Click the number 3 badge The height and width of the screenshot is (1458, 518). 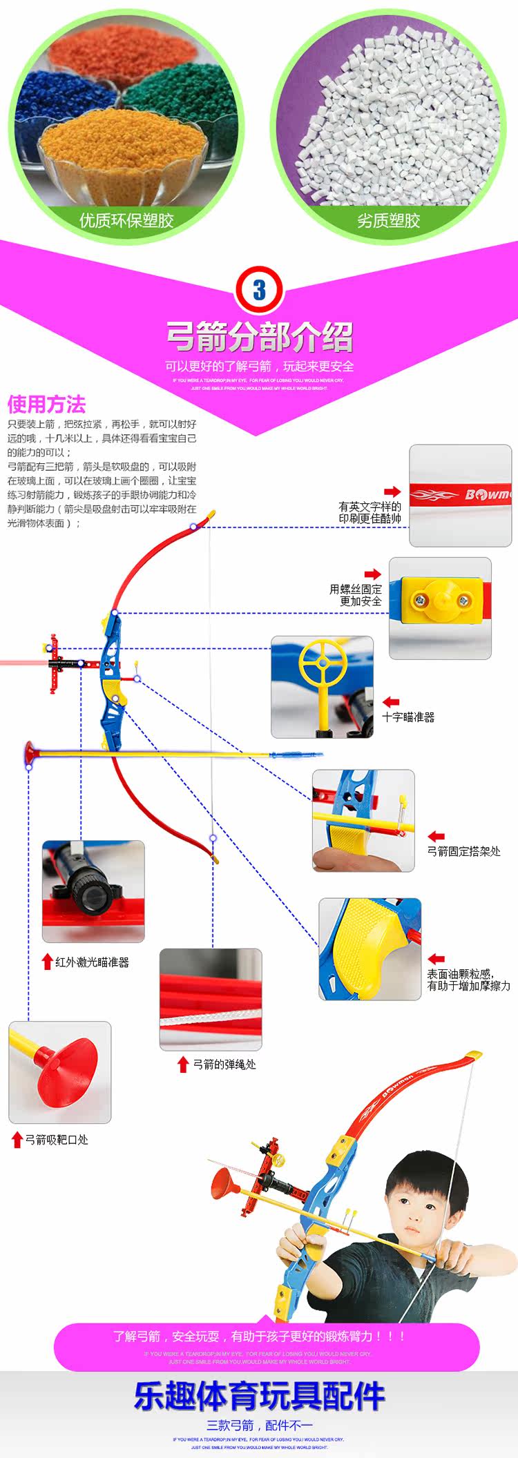tap(259, 291)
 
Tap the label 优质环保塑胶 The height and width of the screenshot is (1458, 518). tap(126, 221)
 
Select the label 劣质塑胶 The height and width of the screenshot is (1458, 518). tap(388, 221)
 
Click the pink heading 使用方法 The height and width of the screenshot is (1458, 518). tap(47, 405)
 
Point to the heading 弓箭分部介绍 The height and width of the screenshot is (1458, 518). tap(260, 336)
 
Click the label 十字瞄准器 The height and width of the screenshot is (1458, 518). tap(409, 717)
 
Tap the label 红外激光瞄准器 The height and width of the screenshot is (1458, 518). tap(92, 962)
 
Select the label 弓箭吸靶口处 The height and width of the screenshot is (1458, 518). tap(57, 1140)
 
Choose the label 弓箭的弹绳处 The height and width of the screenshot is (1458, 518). tap(224, 1065)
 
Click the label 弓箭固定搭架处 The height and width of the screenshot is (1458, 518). tap(463, 851)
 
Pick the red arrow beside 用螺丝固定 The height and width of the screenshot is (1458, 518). tap(373, 574)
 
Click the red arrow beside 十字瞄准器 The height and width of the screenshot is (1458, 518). tap(391, 702)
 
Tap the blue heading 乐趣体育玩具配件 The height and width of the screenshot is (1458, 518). tap(259, 1396)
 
